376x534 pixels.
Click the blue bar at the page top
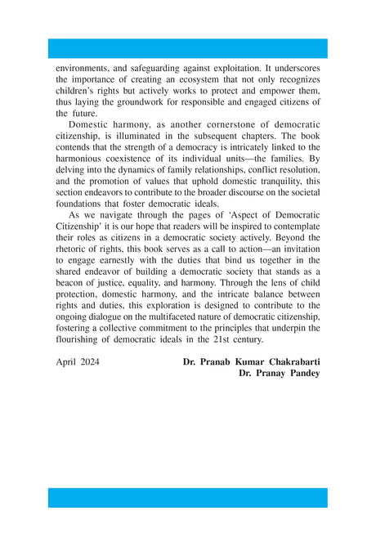point(187,47)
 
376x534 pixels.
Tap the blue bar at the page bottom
point(187,498)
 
